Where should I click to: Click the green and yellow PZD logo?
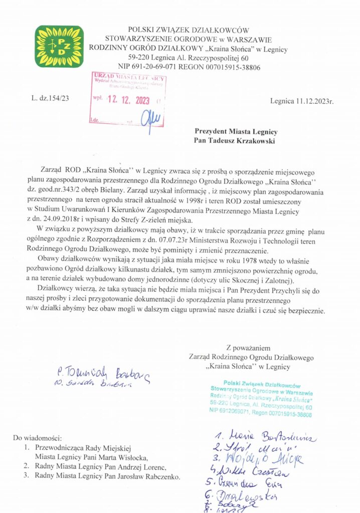pyautogui.click(x=59, y=47)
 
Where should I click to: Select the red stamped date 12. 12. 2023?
pyautogui.click(x=128, y=100)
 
